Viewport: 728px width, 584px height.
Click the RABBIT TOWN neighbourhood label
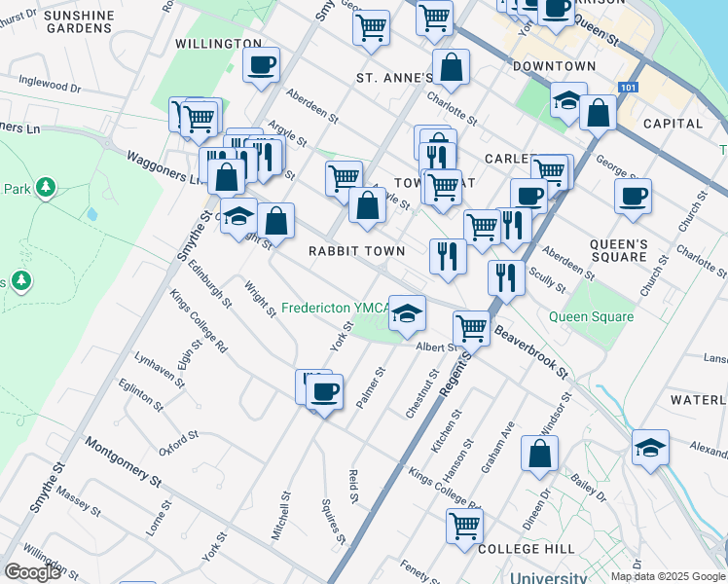click(356, 251)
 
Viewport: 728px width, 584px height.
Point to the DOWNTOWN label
click(554, 66)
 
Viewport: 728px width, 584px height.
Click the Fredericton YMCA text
click(334, 308)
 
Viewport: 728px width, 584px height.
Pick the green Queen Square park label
click(591, 316)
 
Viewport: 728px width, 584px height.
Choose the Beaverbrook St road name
click(530, 351)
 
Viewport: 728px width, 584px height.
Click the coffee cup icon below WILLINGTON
click(261, 65)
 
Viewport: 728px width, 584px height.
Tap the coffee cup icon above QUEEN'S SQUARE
click(633, 196)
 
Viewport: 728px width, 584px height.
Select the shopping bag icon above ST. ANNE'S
click(451, 68)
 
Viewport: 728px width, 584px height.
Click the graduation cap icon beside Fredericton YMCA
click(408, 312)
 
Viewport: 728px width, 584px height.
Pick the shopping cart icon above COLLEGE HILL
click(464, 525)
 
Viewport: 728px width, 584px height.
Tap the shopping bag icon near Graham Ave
click(539, 454)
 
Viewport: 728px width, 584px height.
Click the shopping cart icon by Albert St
click(471, 329)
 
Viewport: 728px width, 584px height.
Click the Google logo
click(31, 572)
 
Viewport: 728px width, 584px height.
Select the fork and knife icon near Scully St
click(506, 276)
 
